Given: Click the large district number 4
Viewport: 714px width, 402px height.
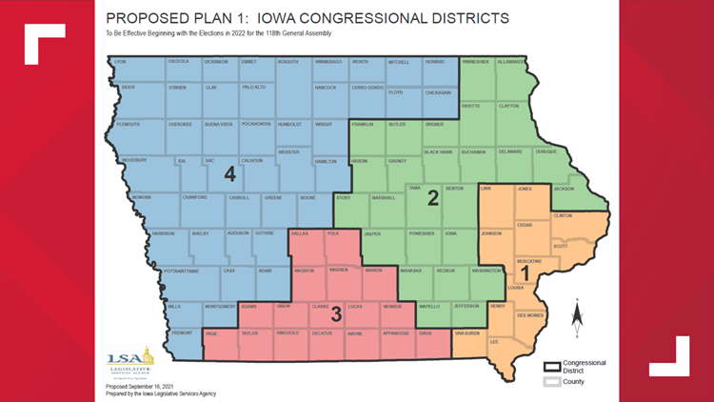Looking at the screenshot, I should coord(228,175).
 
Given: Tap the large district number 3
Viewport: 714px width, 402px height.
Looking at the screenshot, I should coord(335,312).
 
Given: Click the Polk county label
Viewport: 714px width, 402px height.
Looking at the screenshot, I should coord(332,233).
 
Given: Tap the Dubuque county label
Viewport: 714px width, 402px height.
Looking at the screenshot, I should coord(545,151).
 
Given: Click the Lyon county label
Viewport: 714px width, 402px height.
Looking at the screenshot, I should coord(120,62).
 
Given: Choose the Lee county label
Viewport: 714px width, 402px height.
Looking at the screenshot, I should coord(493,341).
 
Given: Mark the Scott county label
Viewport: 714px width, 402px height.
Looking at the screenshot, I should coord(560,246).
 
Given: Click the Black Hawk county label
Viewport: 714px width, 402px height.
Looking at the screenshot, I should coord(438,151).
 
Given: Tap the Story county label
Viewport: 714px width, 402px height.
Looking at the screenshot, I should coord(344,198).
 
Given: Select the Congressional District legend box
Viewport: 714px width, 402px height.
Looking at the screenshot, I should coord(550,366).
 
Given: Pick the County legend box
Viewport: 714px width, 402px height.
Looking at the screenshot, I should coord(550,382).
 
